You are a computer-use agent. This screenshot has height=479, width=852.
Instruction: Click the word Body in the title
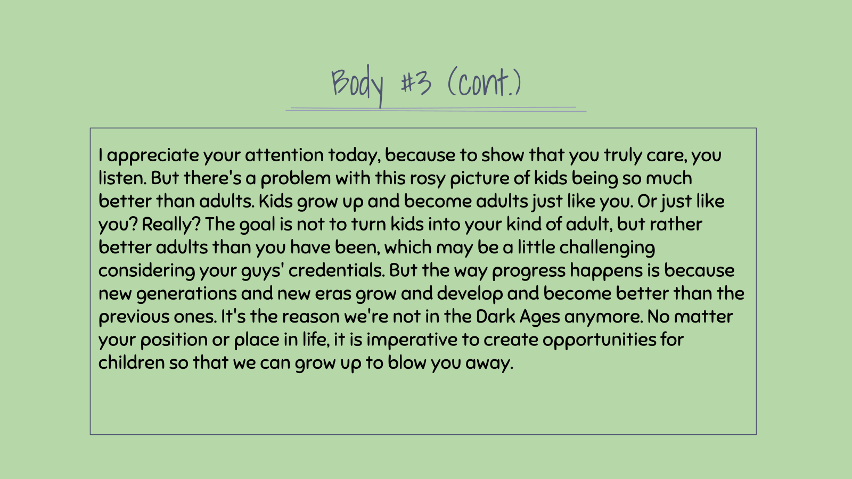click(x=357, y=86)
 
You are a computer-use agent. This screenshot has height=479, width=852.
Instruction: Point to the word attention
click(x=284, y=155)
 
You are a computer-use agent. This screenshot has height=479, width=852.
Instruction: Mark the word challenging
click(x=607, y=248)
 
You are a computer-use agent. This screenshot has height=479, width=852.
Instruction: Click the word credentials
click(x=337, y=271)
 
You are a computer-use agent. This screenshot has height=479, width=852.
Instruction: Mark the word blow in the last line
click(x=407, y=362)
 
